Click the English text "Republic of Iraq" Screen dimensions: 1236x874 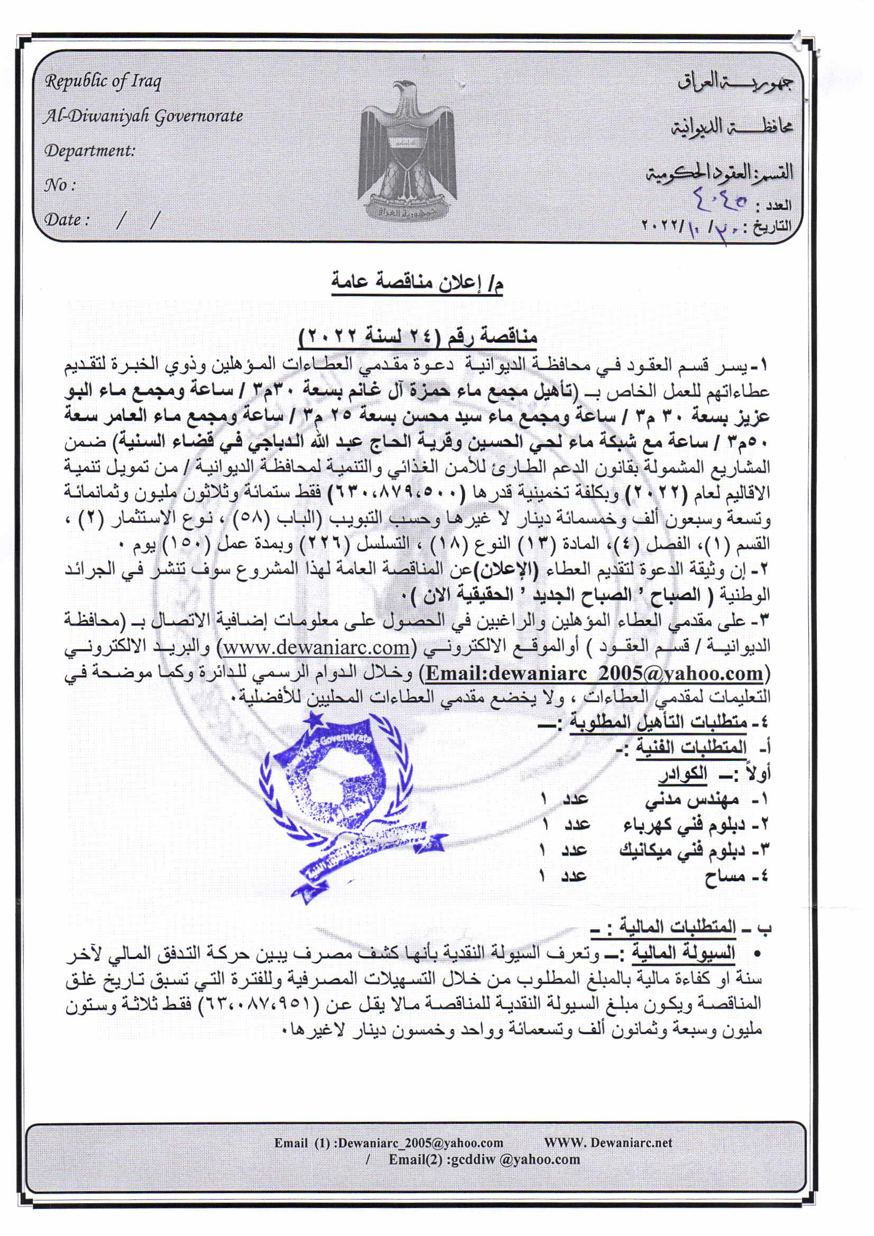(x=103, y=82)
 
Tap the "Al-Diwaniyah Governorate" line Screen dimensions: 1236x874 (x=143, y=116)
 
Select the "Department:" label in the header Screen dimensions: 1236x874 (x=89, y=151)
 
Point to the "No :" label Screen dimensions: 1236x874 (x=59, y=186)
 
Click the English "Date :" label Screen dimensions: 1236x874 (x=66, y=220)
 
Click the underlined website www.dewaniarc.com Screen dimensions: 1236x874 (x=317, y=648)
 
